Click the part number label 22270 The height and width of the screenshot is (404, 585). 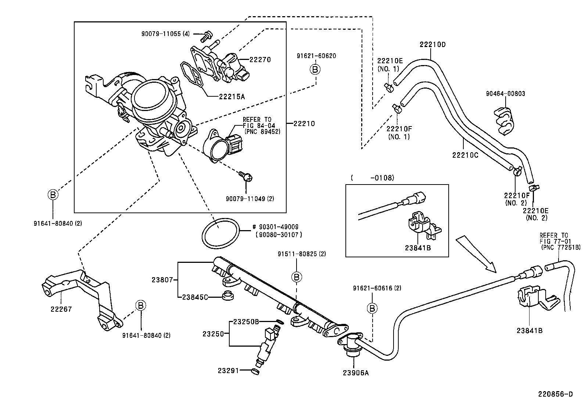pos(260,60)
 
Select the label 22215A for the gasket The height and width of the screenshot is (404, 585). pos(232,97)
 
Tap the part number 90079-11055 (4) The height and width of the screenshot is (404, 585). pos(165,33)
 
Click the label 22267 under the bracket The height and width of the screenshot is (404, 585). pos(61,309)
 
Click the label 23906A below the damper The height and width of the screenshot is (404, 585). pos(355,373)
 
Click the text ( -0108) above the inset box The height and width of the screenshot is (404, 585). pos(372,178)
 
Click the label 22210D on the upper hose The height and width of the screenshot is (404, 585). pos(433,45)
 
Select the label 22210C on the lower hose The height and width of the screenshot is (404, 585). pos(465,155)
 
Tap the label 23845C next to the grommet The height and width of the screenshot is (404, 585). pos(195,297)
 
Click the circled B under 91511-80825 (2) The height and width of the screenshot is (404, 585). pos(297,276)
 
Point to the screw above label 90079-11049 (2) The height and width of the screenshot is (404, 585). pos(244,176)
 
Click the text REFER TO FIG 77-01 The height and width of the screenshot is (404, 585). pos(554,238)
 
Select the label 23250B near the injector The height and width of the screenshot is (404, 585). pos(246,322)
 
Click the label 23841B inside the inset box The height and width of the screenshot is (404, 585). pos(417,248)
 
